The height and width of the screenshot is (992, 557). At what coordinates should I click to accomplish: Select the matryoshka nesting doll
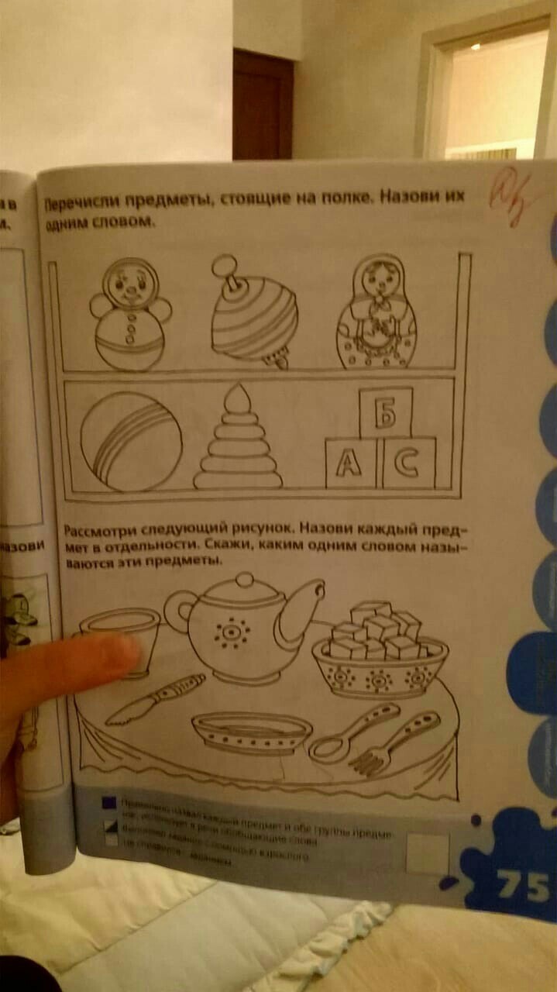point(375,315)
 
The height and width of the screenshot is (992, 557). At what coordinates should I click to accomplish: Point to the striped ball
point(132,441)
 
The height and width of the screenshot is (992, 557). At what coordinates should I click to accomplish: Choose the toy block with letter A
point(351,463)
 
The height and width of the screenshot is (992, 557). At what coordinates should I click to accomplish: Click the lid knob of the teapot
point(246,579)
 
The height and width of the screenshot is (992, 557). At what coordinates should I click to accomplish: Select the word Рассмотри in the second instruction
point(101,530)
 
